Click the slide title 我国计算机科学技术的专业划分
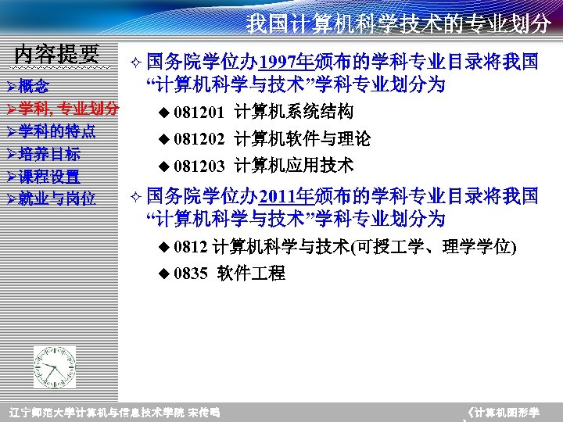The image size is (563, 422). tap(398, 23)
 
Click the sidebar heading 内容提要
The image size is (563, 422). tap(57, 54)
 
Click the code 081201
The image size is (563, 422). tap(199, 112)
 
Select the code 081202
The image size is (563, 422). tap(199, 140)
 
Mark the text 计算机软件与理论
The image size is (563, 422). tap(303, 139)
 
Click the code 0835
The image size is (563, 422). tap(191, 274)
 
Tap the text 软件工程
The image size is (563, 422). tap(252, 274)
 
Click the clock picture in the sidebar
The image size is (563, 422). tap(55, 367)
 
